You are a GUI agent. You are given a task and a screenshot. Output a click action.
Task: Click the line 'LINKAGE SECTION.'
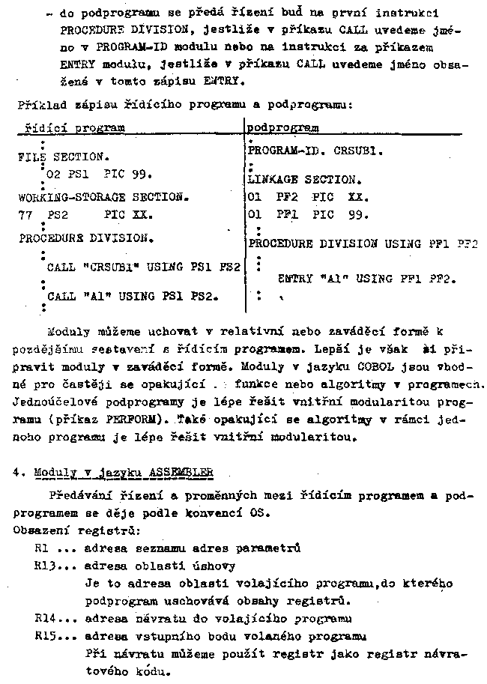pos(303,180)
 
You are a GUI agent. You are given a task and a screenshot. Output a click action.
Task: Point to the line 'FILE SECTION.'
pos(63,158)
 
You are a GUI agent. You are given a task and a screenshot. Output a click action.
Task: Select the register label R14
pos(45,619)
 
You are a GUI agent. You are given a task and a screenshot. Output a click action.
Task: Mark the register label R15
pos(45,636)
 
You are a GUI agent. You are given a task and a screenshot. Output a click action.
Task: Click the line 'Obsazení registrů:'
pos(61,530)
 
